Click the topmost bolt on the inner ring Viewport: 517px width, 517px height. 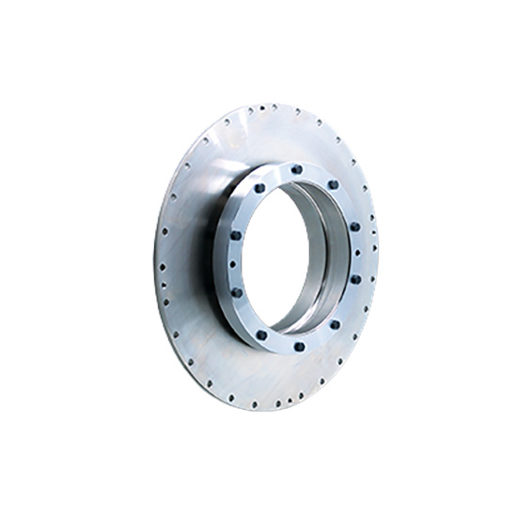coord(297,170)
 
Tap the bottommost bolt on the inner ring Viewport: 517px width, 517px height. coord(299,347)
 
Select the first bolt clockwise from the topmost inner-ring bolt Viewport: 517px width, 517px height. coord(334,184)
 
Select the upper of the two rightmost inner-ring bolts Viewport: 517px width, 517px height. coord(354,227)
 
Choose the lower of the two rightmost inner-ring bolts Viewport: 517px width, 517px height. coord(355,279)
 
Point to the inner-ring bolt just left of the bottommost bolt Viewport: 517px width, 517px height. coord(261,334)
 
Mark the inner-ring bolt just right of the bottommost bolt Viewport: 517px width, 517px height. coord(335,324)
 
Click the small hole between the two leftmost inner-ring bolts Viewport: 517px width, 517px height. coord(230,264)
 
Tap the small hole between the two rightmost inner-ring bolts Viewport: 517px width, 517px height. coord(360,252)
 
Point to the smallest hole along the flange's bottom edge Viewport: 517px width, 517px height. coord(279,407)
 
